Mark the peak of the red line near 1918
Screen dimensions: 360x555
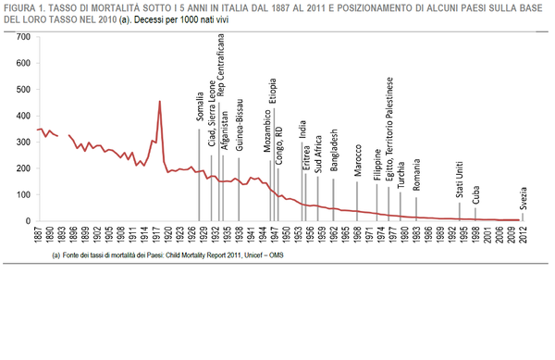(160, 102)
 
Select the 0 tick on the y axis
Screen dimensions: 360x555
(29, 221)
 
